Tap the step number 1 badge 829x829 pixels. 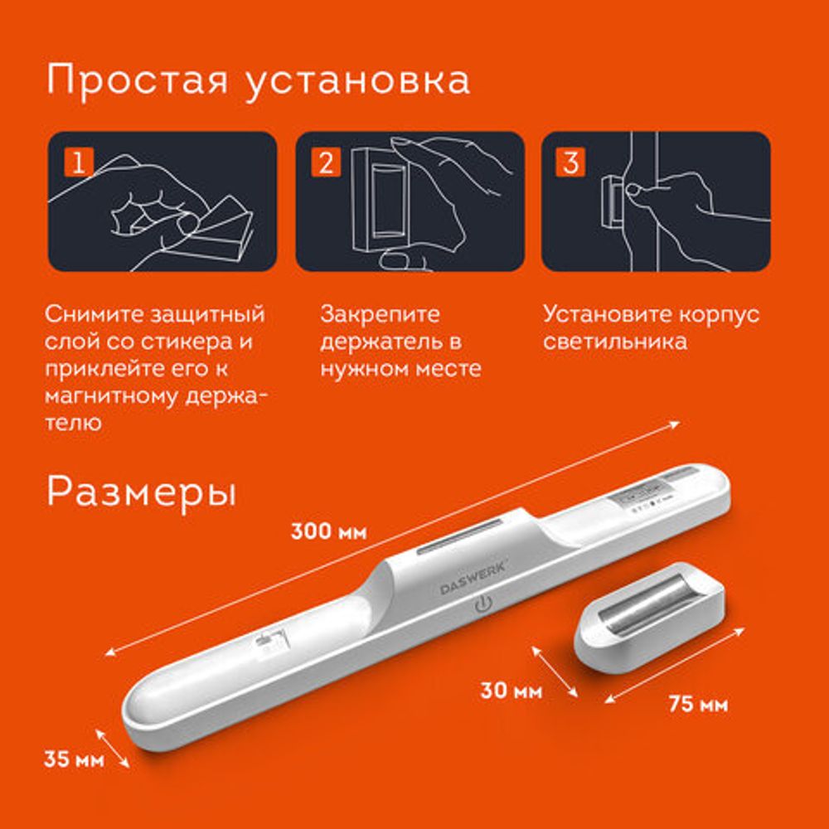[x=77, y=162]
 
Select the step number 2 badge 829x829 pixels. [x=325, y=162]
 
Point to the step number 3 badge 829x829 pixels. [x=570, y=162]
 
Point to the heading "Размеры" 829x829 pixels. [x=141, y=492]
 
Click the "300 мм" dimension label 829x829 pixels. [x=328, y=531]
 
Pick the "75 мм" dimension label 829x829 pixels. [x=698, y=705]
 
